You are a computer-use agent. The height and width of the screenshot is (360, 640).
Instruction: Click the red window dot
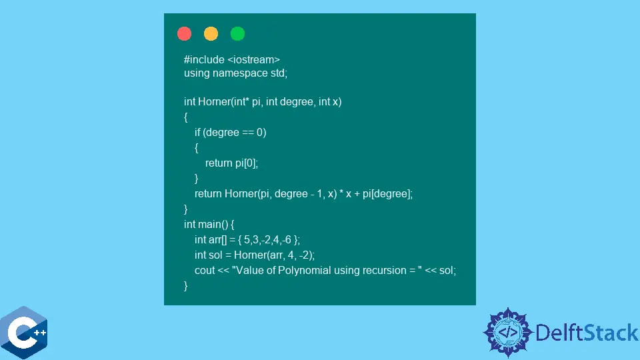[185, 33]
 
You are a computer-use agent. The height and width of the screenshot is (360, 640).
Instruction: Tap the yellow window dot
[211, 33]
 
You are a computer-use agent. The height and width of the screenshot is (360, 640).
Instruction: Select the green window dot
[237, 33]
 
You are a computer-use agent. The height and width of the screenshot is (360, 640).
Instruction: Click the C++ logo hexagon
[25, 334]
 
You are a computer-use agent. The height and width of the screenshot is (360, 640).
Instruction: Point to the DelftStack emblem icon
[508, 332]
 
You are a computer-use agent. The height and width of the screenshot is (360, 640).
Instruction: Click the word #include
[203, 59]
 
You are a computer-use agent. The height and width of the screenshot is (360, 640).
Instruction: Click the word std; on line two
[278, 73]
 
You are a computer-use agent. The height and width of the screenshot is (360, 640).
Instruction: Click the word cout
[205, 270]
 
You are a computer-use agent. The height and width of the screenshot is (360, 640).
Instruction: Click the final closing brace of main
[186, 285]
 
